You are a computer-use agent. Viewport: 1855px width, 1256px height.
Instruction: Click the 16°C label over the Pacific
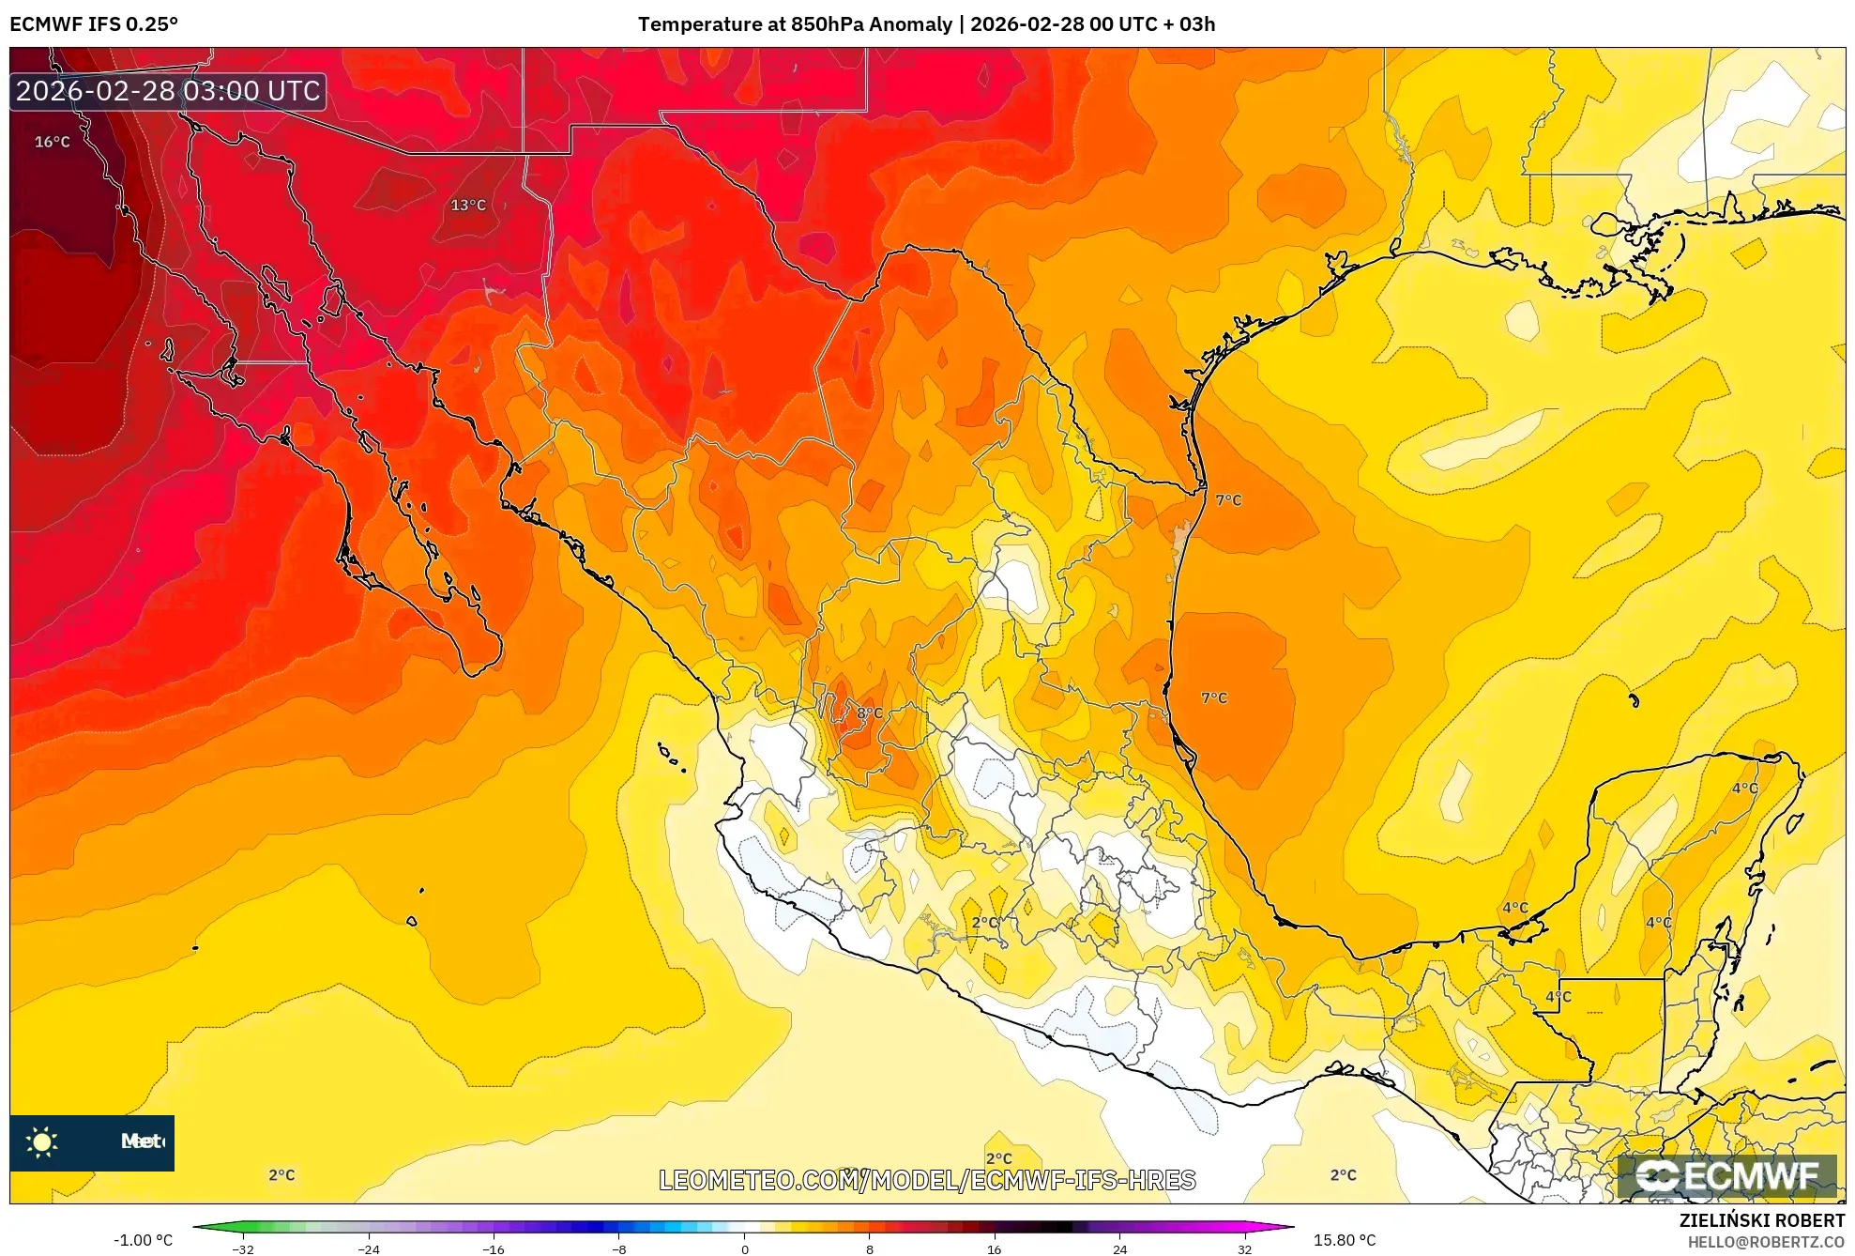(53, 142)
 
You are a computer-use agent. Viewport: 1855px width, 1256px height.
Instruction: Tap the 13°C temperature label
(468, 205)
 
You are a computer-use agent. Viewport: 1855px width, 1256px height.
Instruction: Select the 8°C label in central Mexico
(870, 712)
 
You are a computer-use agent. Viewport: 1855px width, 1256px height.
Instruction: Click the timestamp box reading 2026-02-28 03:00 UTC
(168, 91)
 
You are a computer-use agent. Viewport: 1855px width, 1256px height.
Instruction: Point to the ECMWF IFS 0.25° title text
(94, 24)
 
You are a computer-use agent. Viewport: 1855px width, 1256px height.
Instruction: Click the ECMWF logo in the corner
(1726, 1175)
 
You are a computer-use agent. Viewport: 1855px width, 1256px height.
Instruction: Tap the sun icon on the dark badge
(42, 1141)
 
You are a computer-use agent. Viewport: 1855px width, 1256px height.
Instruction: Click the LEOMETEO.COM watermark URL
(927, 1180)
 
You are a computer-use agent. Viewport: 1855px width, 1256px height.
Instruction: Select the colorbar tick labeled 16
(994, 1249)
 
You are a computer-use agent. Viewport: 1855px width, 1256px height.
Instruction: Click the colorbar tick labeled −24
(369, 1249)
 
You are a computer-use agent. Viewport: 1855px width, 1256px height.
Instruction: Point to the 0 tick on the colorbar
(745, 1249)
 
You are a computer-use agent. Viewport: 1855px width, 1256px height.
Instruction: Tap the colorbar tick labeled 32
(1244, 1249)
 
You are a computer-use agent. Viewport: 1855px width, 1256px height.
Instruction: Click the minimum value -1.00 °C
(144, 1240)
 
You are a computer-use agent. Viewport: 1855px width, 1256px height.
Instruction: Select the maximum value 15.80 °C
(1345, 1240)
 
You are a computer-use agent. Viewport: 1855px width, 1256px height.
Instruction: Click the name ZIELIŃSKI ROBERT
(1761, 1220)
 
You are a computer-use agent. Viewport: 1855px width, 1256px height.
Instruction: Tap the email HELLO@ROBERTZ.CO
(1766, 1242)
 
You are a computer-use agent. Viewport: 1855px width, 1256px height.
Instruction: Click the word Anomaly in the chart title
(910, 24)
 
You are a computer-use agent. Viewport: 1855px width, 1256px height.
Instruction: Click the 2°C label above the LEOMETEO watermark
(999, 1158)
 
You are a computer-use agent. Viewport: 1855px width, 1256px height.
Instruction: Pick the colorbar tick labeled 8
(870, 1249)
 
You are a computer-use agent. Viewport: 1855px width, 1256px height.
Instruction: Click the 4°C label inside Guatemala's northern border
(1559, 996)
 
